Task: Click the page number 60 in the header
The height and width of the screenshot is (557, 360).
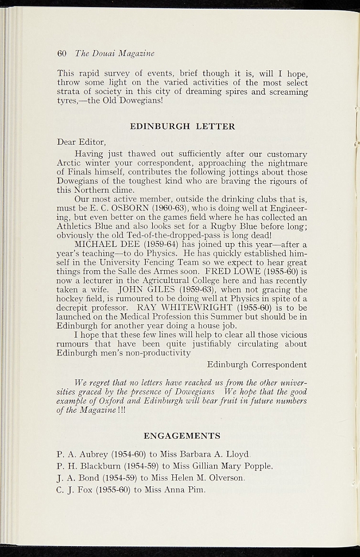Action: tap(61, 53)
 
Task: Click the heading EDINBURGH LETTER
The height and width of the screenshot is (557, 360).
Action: tap(183, 126)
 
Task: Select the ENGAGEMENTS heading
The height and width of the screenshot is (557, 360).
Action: tap(182, 436)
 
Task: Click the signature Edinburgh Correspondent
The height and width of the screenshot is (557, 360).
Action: tap(257, 364)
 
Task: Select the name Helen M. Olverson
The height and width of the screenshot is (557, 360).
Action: tap(203, 478)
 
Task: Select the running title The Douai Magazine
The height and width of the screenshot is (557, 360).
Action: tap(114, 53)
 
